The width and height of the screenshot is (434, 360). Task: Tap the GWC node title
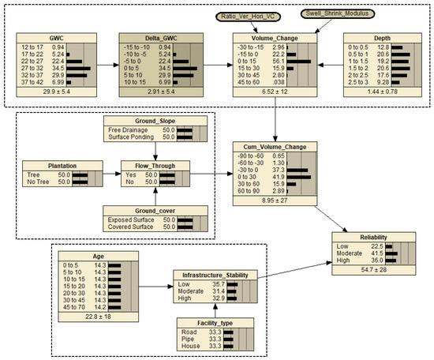58,36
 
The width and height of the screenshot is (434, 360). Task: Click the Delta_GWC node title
157,36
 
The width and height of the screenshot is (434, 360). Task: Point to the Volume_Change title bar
268,36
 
